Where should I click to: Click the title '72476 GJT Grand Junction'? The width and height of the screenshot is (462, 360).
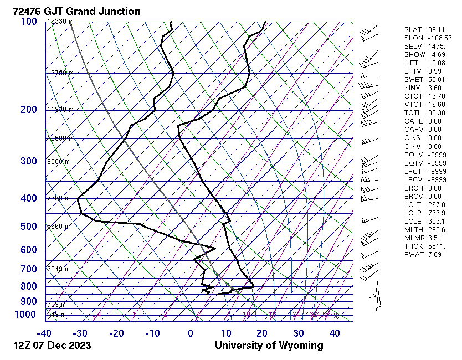point(76,11)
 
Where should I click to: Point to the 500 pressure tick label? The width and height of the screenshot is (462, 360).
point(29,227)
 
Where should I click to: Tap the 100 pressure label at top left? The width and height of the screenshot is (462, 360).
point(29,22)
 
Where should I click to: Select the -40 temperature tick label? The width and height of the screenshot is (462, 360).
point(44,333)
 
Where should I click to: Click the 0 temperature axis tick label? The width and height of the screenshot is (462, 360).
point(191,333)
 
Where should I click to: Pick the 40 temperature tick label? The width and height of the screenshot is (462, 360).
point(335,333)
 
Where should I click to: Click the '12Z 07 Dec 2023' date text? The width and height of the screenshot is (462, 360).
point(52,346)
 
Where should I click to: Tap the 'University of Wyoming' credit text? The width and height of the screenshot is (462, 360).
point(269,346)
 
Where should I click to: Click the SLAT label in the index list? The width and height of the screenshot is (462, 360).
point(413,30)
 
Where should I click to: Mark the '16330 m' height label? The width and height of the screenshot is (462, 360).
point(60,22)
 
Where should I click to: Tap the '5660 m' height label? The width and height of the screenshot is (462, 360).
point(58,227)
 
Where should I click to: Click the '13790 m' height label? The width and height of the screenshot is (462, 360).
point(60,73)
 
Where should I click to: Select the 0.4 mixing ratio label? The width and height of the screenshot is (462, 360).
point(96,315)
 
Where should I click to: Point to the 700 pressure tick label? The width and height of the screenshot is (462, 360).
point(29,269)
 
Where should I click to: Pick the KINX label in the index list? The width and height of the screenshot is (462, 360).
point(413,88)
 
